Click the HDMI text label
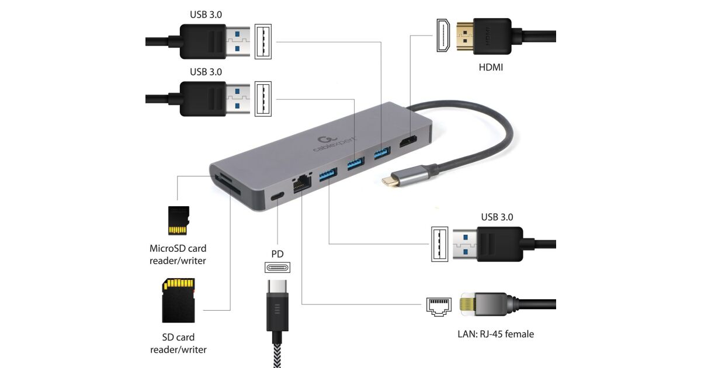pyautogui.click(x=491, y=68)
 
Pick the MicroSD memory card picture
pyautogui.click(x=179, y=221)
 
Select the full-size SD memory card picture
pyautogui.click(x=178, y=300)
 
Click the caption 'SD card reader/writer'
pyautogui.click(x=178, y=343)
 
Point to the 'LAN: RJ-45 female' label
pyautogui.click(x=495, y=334)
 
